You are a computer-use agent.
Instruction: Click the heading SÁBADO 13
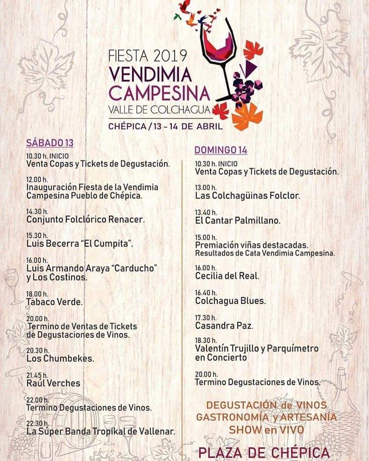click(49, 143)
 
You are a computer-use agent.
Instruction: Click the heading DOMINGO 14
click(221, 150)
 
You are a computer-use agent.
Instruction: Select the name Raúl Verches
click(53, 383)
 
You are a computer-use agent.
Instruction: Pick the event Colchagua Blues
click(231, 301)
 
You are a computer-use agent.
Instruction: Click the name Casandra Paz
click(224, 326)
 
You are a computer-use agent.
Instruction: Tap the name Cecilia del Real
click(227, 276)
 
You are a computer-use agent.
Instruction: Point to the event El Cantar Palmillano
click(238, 221)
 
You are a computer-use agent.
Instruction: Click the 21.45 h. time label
click(37, 375)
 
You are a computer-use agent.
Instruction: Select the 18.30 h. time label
click(206, 340)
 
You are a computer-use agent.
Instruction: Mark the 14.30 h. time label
click(37, 211)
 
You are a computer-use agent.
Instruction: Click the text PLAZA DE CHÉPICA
click(264, 452)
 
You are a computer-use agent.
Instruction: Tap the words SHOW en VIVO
click(266, 429)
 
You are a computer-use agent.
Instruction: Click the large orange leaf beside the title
click(247, 117)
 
